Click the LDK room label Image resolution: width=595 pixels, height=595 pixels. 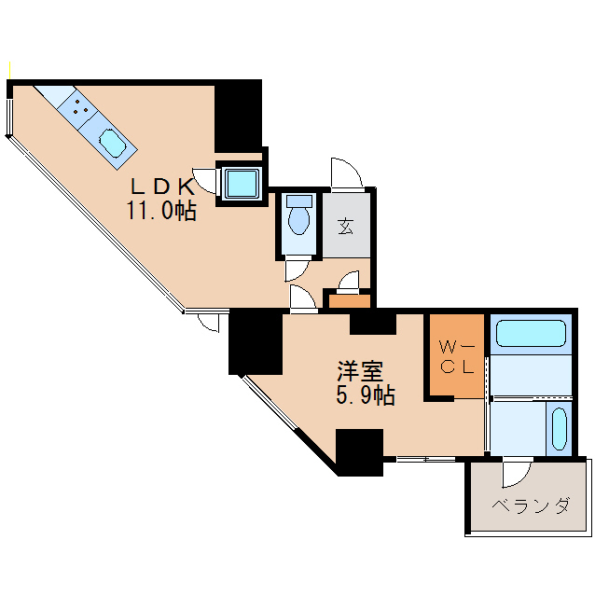pyautogui.click(x=160, y=186)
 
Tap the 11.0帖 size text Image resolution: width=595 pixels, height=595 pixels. pyautogui.click(x=161, y=211)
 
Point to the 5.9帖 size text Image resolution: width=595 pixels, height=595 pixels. pyautogui.click(x=365, y=396)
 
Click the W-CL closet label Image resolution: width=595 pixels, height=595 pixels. pyautogui.click(x=457, y=357)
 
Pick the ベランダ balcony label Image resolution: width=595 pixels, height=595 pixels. pyautogui.click(x=530, y=506)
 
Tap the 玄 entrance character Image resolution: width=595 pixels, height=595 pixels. pyautogui.click(x=346, y=225)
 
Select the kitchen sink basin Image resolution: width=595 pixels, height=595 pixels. pyautogui.click(x=113, y=145)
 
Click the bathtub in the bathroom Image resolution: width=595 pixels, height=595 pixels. pyautogui.click(x=529, y=334)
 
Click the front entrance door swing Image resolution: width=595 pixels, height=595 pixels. pyautogui.click(x=346, y=173)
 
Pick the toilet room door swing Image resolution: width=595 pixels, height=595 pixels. pyautogui.click(x=297, y=269)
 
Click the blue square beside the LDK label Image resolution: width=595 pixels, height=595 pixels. pyautogui.click(x=242, y=183)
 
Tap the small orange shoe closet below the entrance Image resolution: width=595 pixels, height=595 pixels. pyautogui.click(x=349, y=300)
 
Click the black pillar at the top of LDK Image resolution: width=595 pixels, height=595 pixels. pyautogui.click(x=238, y=116)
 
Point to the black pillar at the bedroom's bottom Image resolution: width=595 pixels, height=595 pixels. pyautogui.click(x=360, y=451)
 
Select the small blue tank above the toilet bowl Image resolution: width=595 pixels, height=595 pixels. pyautogui.click(x=299, y=200)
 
